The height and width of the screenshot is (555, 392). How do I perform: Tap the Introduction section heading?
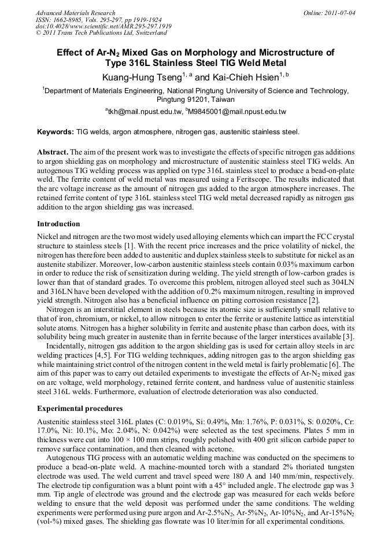(x=58, y=224)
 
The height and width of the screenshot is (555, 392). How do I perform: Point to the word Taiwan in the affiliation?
(x=219, y=99)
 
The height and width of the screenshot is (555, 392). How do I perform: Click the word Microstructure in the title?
(x=260, y=52)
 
